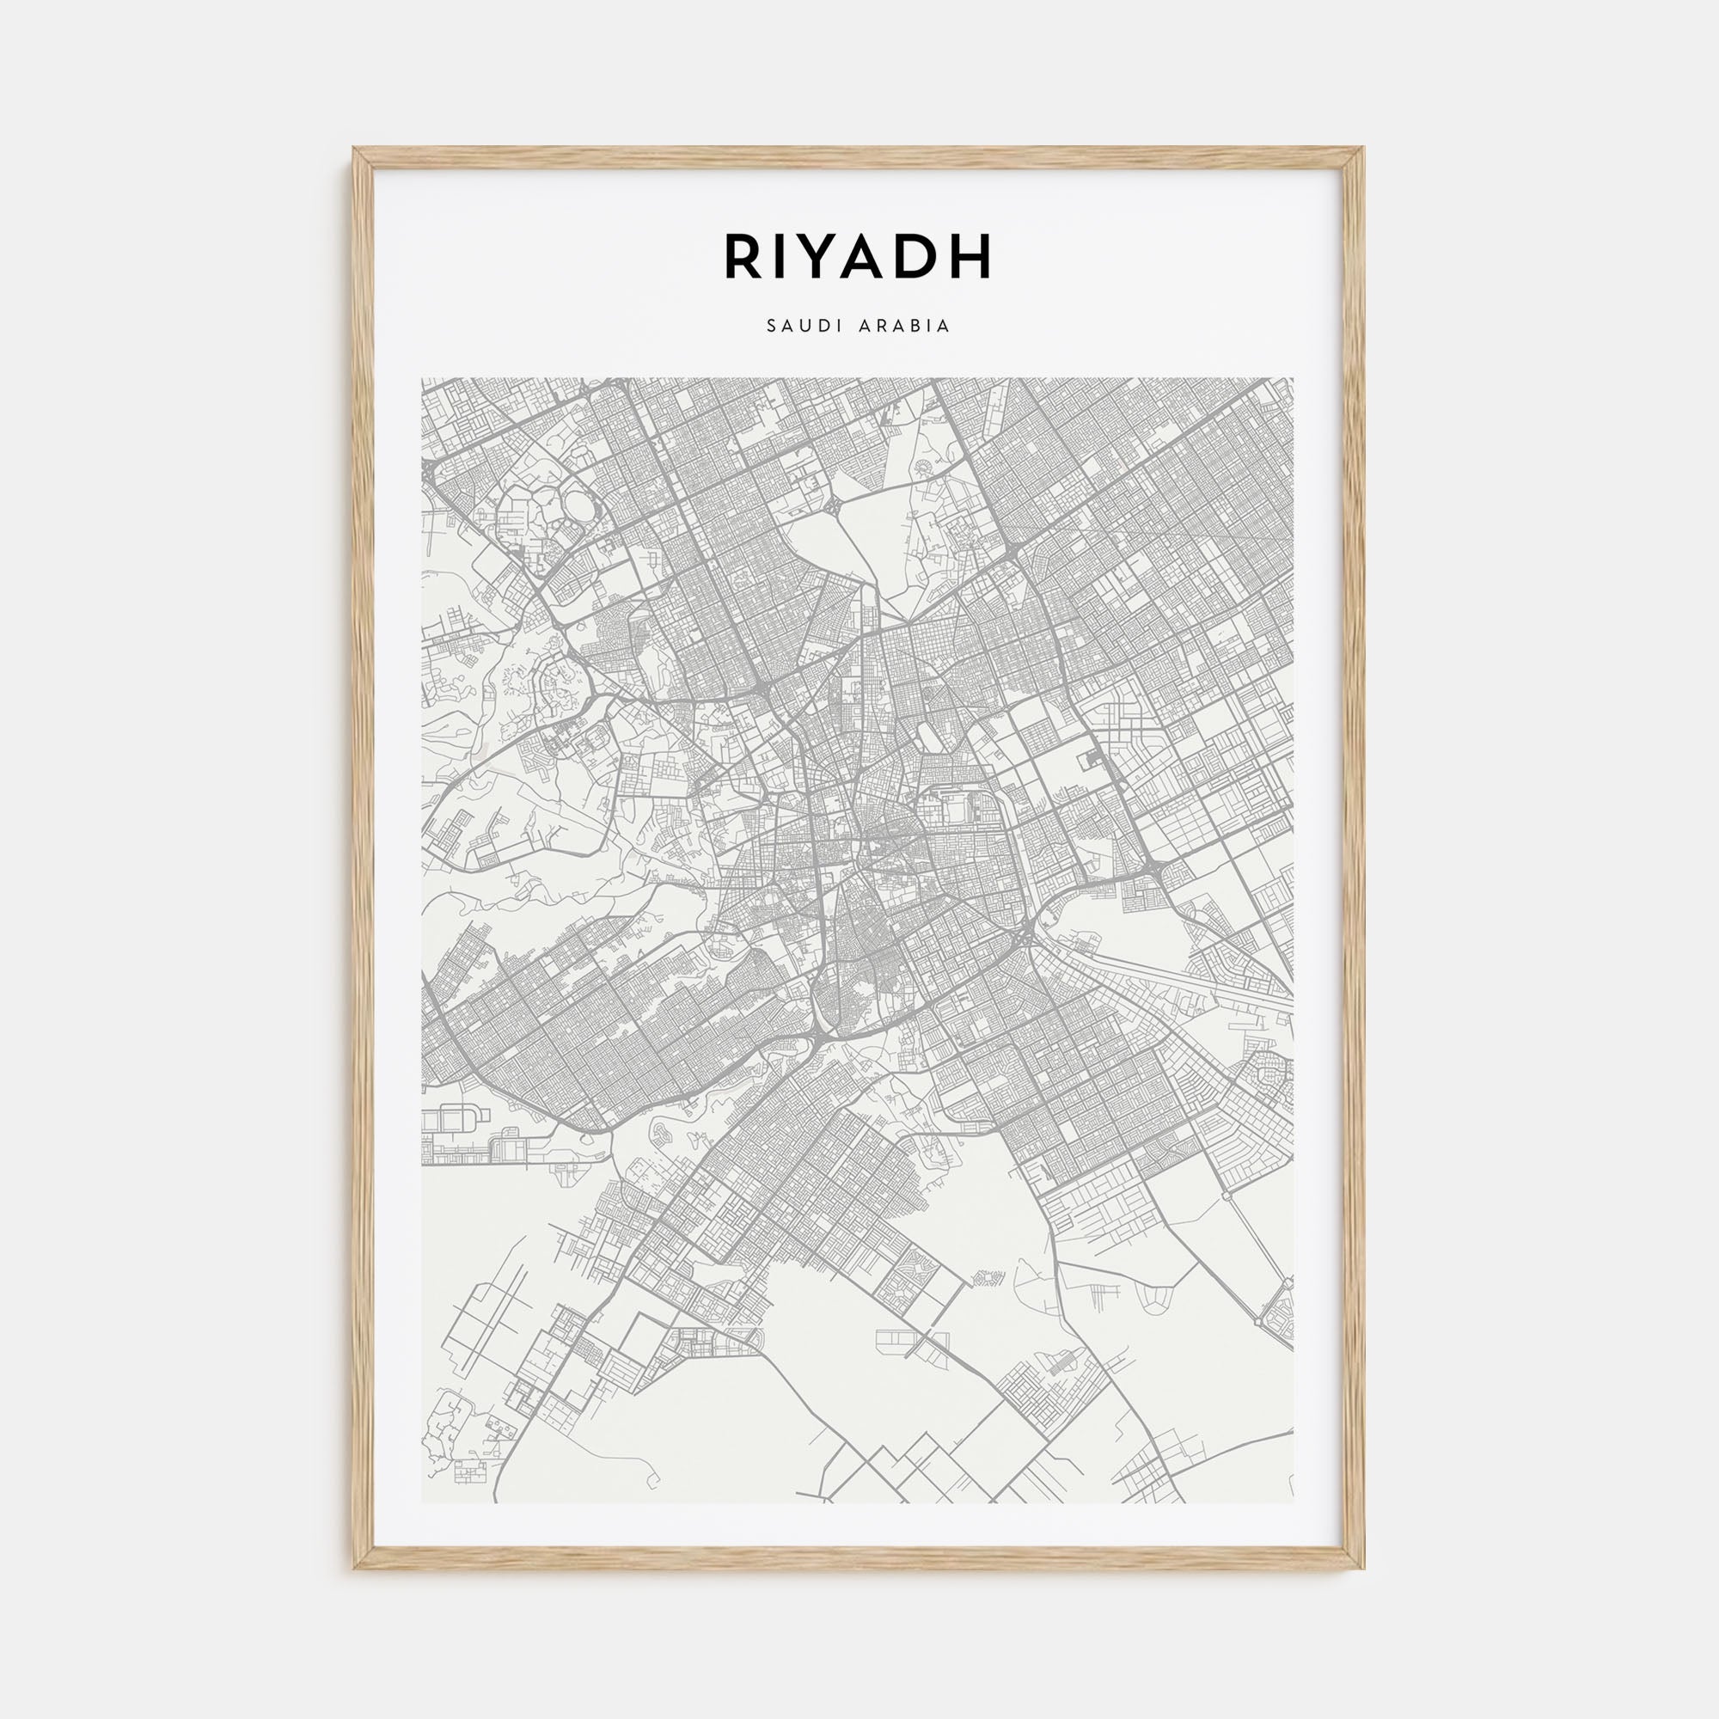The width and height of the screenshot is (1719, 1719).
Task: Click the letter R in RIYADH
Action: [744, 256]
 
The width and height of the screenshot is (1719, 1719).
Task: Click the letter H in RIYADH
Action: [971, 256]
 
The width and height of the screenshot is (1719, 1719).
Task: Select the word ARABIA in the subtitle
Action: [905, 327]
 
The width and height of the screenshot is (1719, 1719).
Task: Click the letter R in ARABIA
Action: [879, 327]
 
